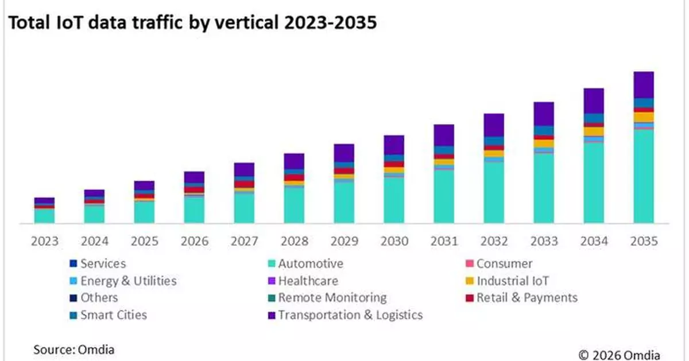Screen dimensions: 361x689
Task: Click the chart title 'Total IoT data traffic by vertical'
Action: tap(192, 22)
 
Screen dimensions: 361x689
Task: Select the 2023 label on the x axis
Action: tap(44, 241)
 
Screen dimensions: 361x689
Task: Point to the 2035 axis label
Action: tap(644, 241)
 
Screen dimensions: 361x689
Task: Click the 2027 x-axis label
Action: tap(244, 241)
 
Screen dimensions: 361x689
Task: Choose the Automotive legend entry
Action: tap(310, 264)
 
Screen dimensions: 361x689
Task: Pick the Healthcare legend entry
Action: tap(308, 281)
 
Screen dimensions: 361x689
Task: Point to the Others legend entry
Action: tap(98, 298)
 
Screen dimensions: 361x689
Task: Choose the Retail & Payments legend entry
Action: tap(526, 298)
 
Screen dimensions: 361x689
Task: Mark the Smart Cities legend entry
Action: tap(113, 315)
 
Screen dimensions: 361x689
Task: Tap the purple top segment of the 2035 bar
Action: tap(644, 84)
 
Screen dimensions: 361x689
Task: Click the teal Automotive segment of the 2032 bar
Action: tap(494, 192)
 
